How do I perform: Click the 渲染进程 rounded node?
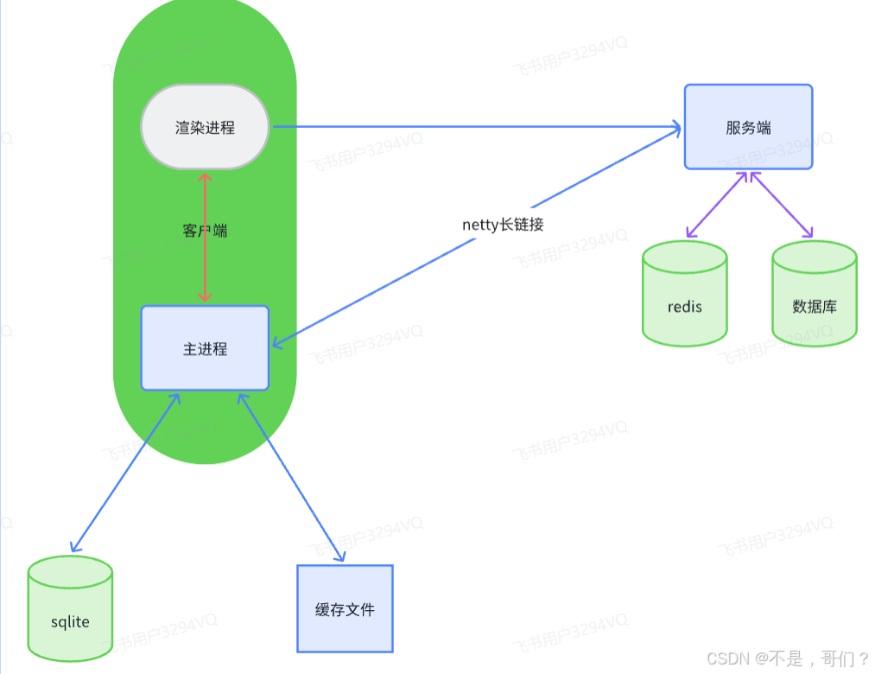205,127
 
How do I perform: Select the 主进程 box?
205,348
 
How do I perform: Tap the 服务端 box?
748,127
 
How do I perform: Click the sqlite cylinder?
70,609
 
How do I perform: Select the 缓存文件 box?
345,608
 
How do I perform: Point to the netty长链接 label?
503,225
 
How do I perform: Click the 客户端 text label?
205,231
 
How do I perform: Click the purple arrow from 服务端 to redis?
716,205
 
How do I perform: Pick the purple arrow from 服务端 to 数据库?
782,205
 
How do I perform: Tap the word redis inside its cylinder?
685,307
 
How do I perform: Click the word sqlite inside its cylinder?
70,622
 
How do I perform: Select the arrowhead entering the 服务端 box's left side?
675,128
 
